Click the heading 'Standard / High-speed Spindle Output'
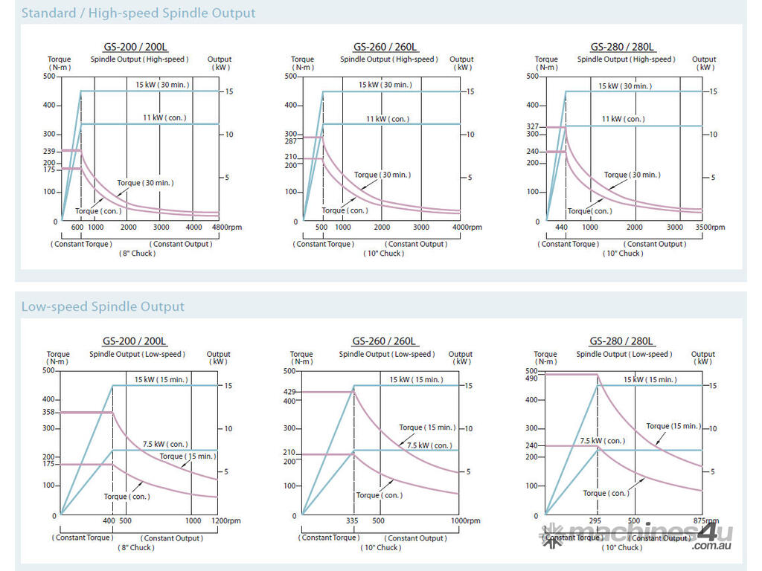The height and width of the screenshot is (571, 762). (138, 13)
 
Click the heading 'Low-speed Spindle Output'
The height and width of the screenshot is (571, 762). (103, 306)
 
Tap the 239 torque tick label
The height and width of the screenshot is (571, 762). (50, 151)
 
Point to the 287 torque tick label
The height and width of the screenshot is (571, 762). (289, 141)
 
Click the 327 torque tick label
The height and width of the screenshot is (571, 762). (532, 127)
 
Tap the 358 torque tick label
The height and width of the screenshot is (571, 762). (49, 412)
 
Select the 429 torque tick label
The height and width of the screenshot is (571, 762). (289, 391)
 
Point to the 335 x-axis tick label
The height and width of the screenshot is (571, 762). (353, 521)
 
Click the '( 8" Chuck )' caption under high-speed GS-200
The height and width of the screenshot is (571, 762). (137, 254)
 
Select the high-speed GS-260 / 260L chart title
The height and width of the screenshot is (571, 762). (385, 46)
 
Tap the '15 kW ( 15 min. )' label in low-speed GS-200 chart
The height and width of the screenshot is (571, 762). (161, 380)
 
